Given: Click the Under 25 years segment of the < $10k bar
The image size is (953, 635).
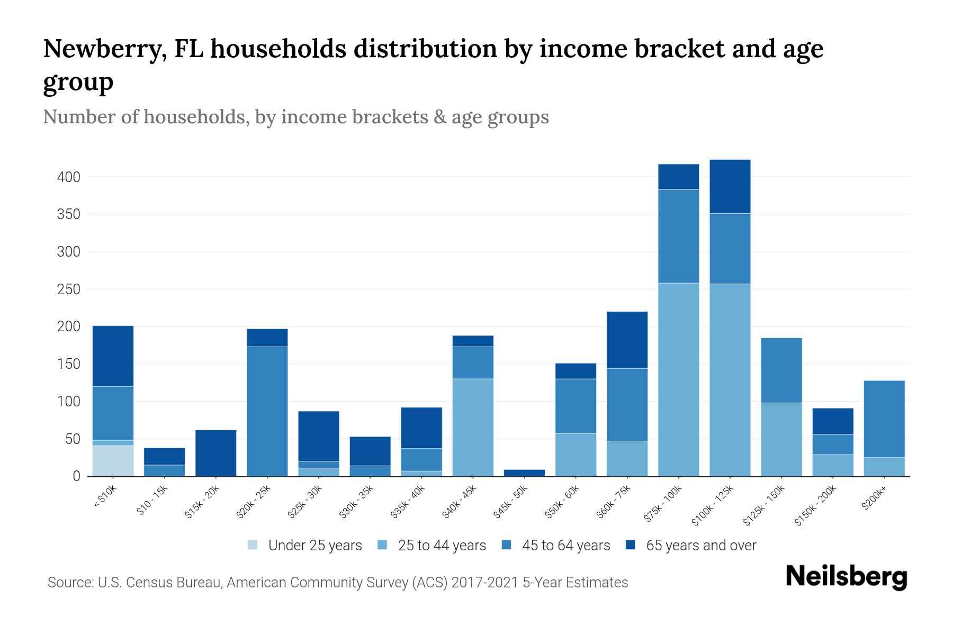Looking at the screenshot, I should point(113,460).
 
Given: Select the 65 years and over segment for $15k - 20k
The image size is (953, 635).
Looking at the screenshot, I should point(216,453).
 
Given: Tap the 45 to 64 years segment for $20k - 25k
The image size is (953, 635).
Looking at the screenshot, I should point(267,411).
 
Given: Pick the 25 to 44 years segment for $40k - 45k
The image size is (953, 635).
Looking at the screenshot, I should point(473,427).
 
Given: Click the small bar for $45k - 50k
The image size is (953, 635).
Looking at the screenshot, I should point(524,473).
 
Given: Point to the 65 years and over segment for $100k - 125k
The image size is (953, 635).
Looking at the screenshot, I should point(730,186).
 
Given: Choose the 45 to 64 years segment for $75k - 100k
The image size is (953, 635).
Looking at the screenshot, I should point(678,236).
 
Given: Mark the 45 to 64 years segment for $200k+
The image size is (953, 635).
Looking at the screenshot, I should point(884,419).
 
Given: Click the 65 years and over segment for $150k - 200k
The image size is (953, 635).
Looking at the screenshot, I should point(833,421).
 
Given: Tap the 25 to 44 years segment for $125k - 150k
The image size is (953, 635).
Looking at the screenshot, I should point(781,439).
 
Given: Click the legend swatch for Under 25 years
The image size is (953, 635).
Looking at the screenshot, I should point(253,545).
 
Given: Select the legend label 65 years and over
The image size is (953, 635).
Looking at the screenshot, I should point(701,546).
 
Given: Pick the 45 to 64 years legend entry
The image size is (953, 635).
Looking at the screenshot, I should point(566,546).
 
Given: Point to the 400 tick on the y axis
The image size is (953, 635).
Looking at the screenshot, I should point(68,177).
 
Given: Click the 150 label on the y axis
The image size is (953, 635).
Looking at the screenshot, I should point(68,365).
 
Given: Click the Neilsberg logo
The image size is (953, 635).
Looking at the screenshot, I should point(847,576).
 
